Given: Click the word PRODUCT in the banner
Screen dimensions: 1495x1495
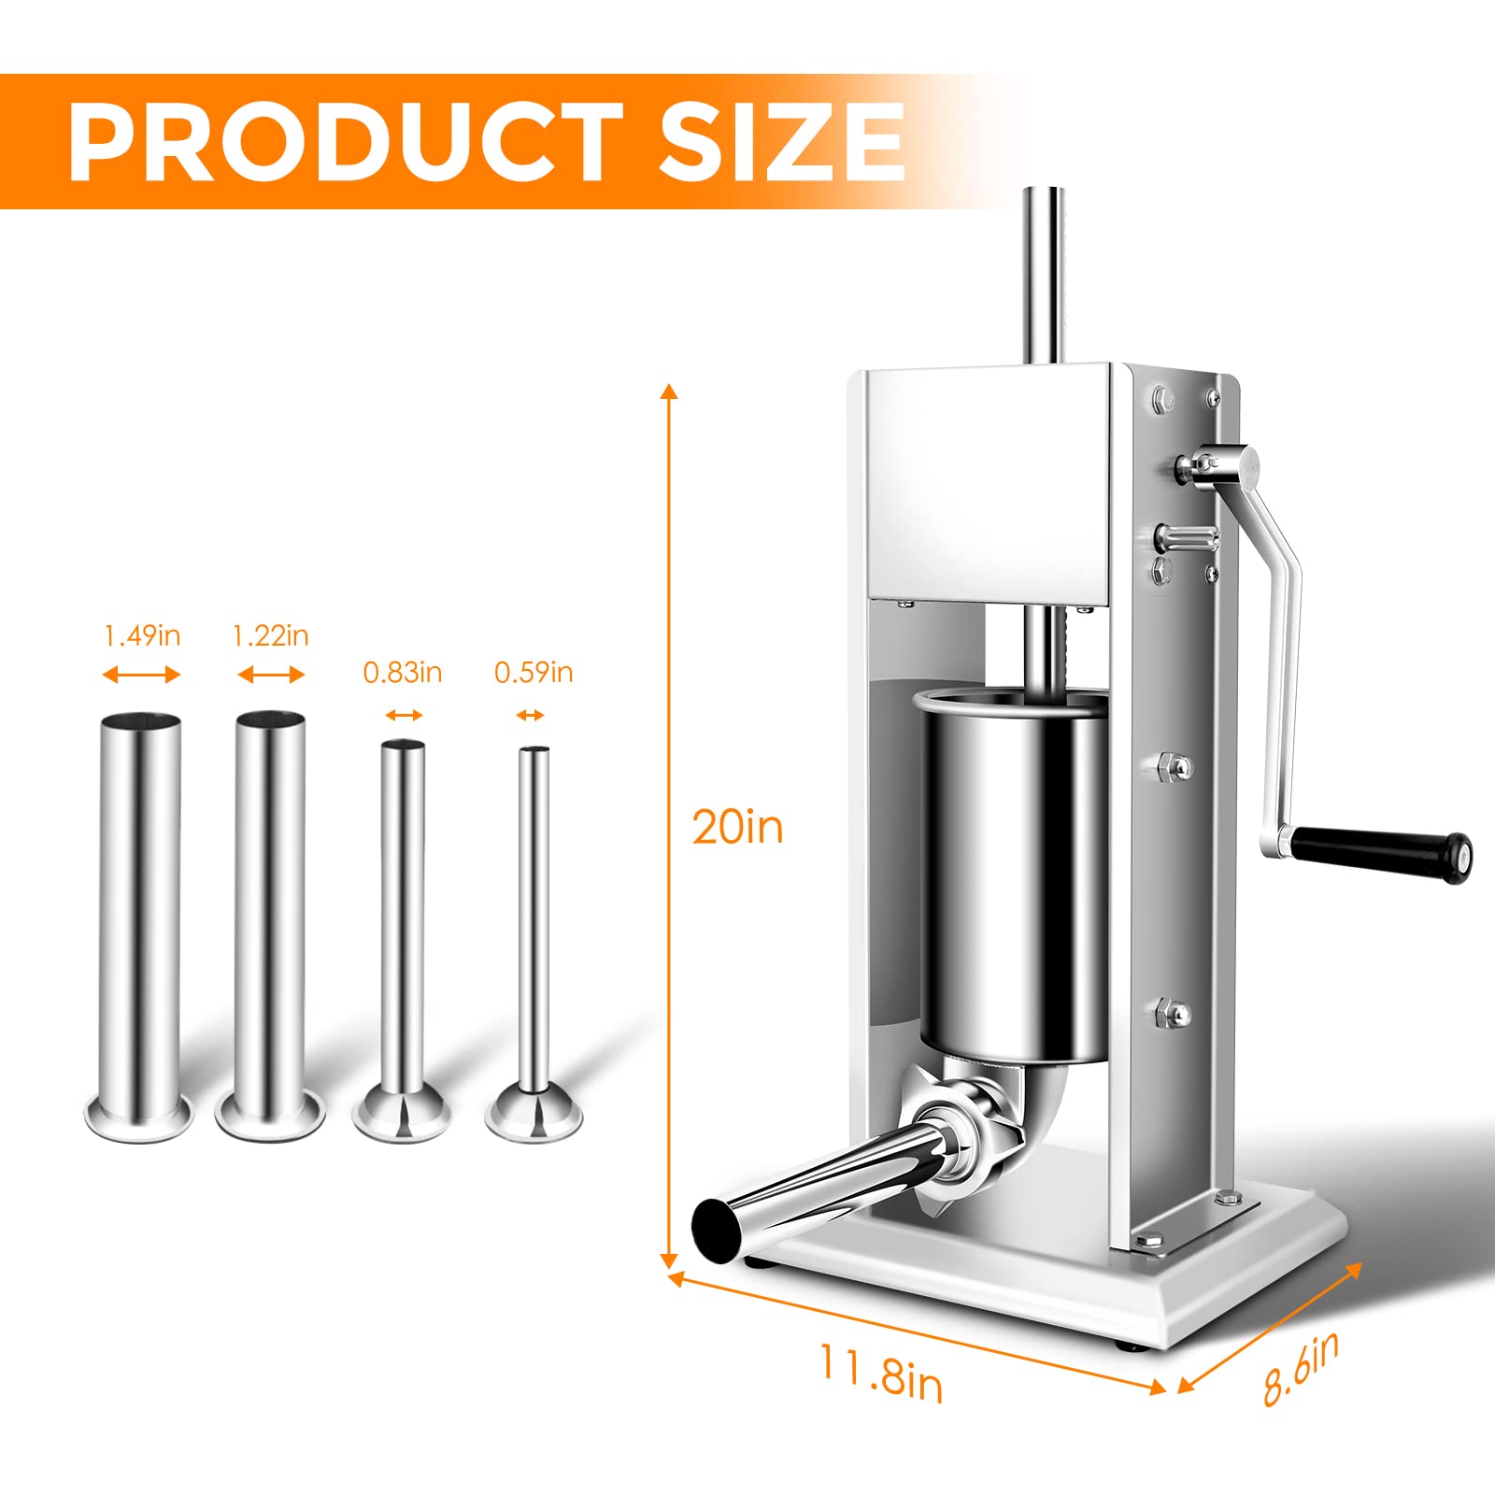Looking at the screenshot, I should (x=346, y=142).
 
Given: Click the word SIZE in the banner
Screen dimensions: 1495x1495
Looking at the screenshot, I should (x=781, y=142).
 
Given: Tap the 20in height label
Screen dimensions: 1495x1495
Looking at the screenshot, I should (x=736, y=828).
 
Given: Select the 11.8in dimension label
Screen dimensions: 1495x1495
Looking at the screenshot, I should (x=880, y=1373).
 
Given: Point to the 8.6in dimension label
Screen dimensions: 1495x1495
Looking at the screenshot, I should (x=1301, y=1368).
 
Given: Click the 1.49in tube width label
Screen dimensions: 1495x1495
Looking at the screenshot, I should (x=142, y=636).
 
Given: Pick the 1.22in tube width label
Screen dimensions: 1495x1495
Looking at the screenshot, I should (x=270, y=636).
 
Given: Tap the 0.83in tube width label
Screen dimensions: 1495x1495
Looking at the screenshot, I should (x=402, y=673).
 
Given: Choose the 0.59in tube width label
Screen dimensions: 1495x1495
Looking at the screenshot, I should (x=533, y=673).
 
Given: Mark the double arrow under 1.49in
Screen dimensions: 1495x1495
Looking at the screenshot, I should (x=141, y=675).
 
